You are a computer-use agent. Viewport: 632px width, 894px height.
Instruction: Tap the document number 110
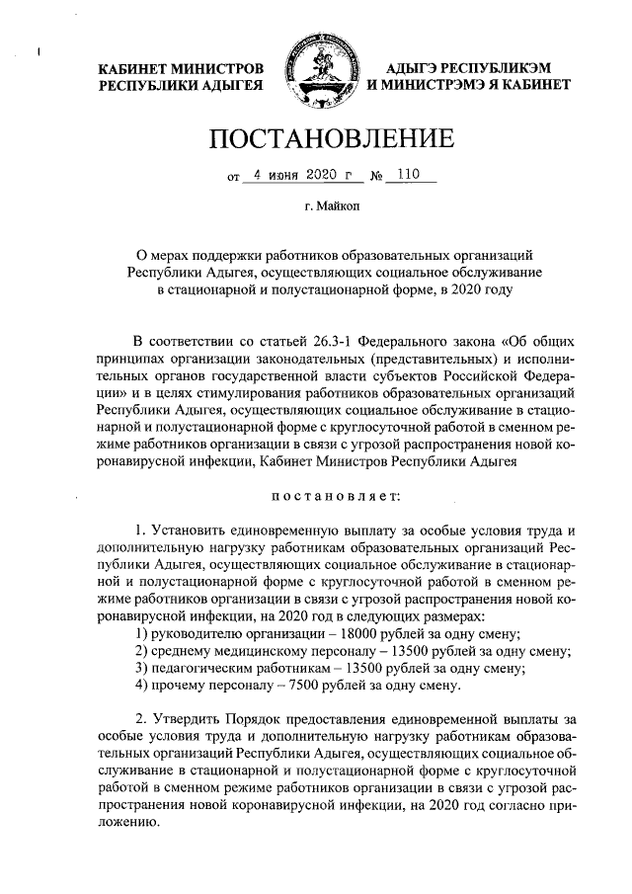coord(404,176)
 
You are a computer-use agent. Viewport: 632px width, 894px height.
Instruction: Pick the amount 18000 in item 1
coord(353,633)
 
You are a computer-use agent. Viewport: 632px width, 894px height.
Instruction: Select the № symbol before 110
coord(376,178)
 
